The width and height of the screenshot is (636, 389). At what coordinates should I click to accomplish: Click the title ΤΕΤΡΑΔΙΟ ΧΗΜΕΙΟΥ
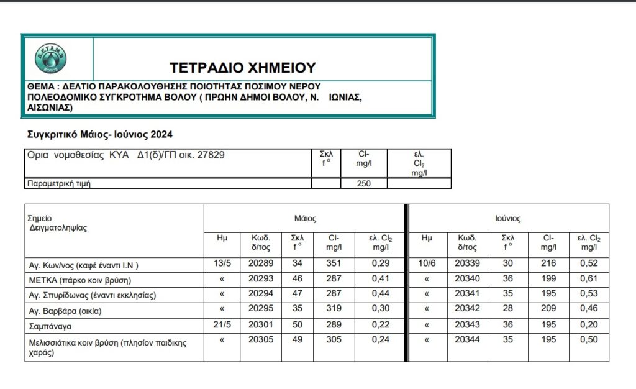click(243, 67)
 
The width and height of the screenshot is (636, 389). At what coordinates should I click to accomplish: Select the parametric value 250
click(364, 183)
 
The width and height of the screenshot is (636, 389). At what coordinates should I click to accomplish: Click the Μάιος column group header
click(305, 219)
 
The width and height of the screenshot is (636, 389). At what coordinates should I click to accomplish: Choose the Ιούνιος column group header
click(507, 219)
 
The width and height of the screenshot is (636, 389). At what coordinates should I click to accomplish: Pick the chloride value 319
click(334, 309)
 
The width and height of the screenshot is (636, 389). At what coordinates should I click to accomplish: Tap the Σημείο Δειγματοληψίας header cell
click(57, 223)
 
